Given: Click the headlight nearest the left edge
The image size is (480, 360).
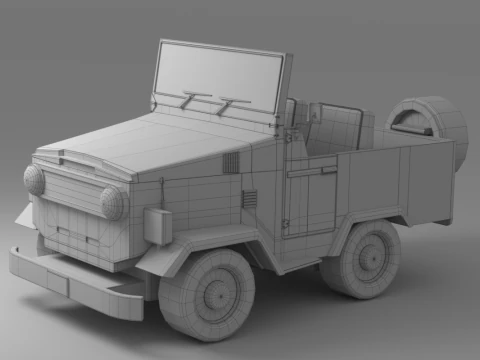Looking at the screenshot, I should pyautogui.click(x=34, y=180).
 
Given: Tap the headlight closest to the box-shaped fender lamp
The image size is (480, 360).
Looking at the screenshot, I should pyautogui.click(x=112, y=203).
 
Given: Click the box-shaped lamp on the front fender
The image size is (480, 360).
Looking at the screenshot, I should pyautogui.click(x=158, y=226).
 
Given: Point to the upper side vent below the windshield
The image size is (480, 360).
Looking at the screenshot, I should pyautogui.click(x=231, y=163).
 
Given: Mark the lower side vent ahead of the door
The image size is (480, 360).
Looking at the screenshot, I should pyautogui.click(x=249, y=199).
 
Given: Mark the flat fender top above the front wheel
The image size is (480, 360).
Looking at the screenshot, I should pyautogui.click(x=190, y=245).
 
